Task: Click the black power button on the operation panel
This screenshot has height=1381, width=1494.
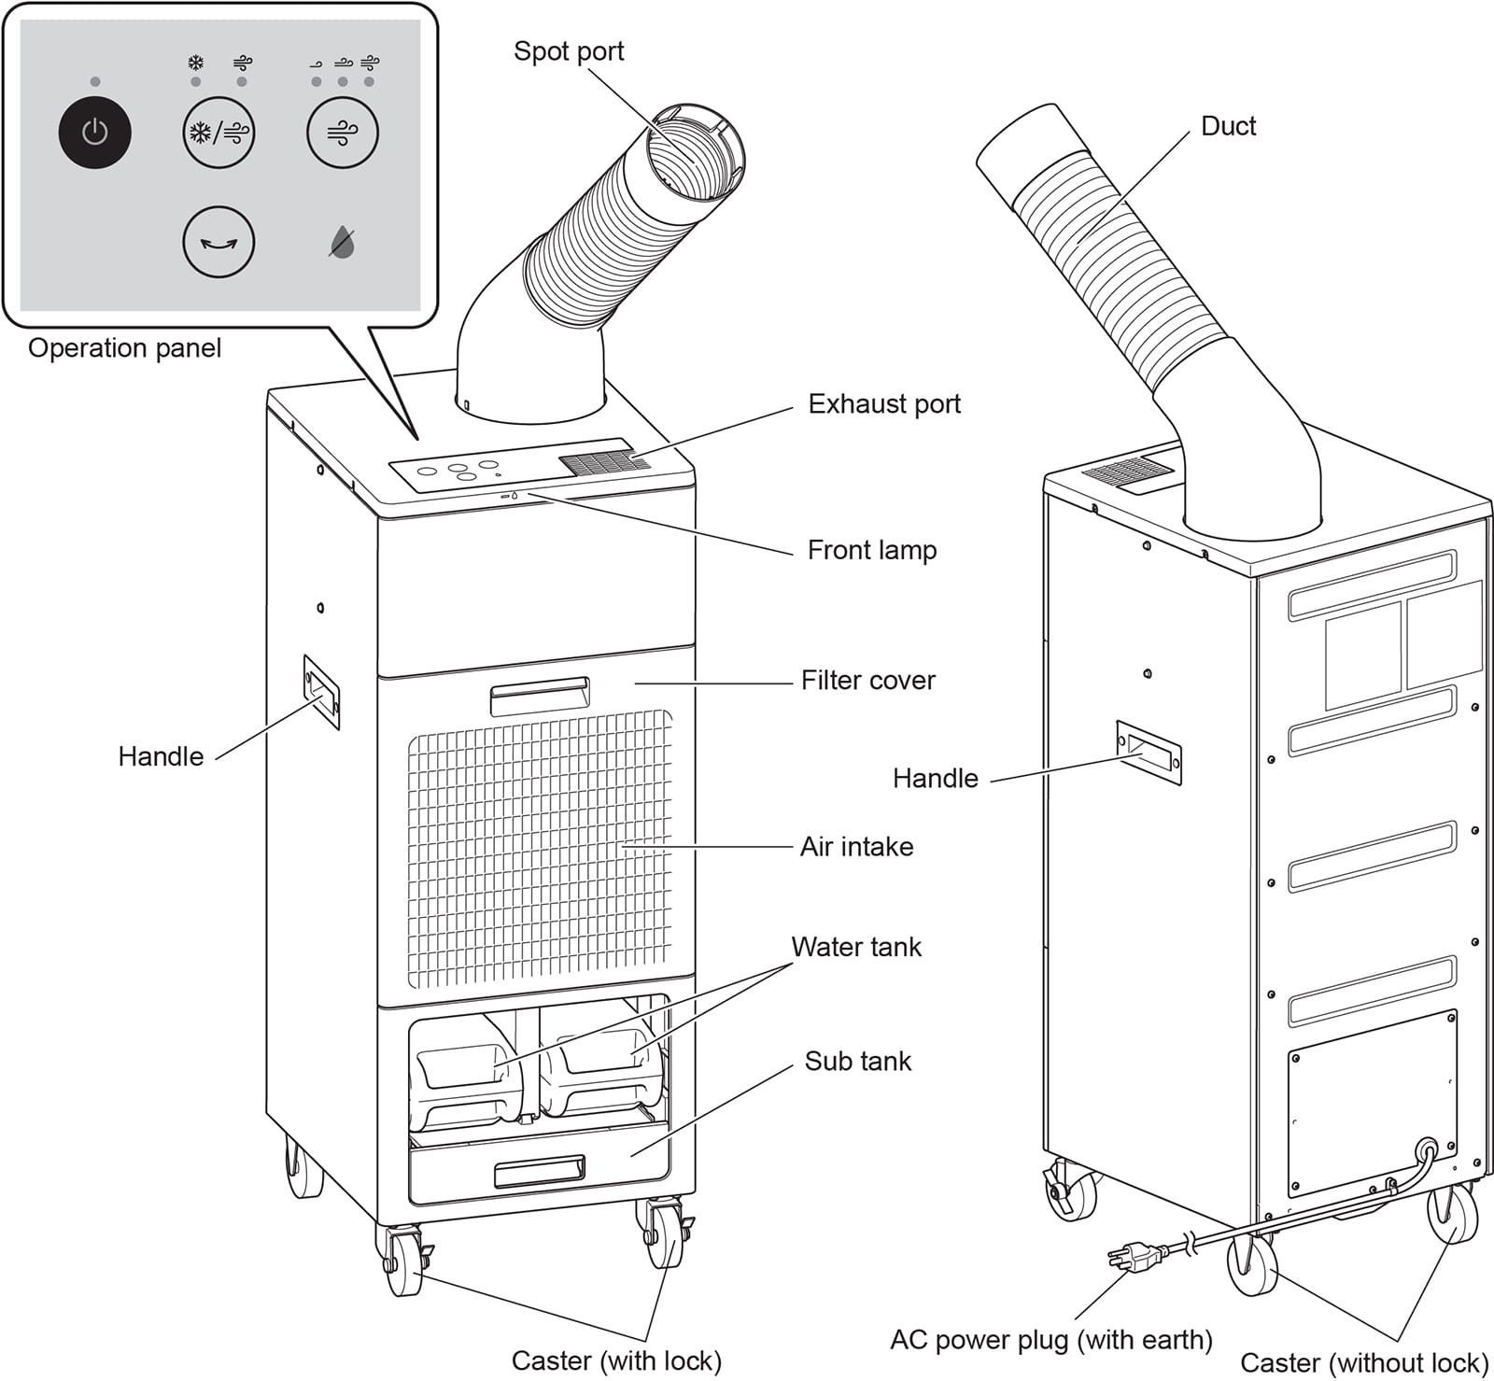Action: tap(94, 133)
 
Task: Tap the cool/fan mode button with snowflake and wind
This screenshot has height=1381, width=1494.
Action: tap(218, 133)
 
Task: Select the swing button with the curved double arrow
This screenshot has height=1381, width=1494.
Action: tap(218, 243)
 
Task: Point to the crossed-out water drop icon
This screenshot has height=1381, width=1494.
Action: tap(343, 243)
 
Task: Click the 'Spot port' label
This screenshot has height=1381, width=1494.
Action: tap(569, 51)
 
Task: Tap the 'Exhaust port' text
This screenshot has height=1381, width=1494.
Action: tap(883, 404)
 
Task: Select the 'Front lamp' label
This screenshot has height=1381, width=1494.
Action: tap(871, 550)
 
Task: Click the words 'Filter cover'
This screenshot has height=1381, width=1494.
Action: tap(867, 681)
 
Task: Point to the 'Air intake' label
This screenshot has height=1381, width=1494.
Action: tap(856, 847)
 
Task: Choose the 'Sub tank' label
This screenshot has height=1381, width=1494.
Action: tap(857, 1062)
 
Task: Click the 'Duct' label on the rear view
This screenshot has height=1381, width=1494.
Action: tap(1228, 126)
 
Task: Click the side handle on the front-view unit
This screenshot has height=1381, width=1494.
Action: tap(321, 692)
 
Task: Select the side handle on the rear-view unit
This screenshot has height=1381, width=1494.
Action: tap(1149, 752)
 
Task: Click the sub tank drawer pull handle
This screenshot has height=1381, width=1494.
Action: tap(540, 1171)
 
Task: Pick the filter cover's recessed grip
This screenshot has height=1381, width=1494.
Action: tap(540, 696)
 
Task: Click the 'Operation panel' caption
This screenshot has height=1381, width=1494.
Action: tap(124, 348)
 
